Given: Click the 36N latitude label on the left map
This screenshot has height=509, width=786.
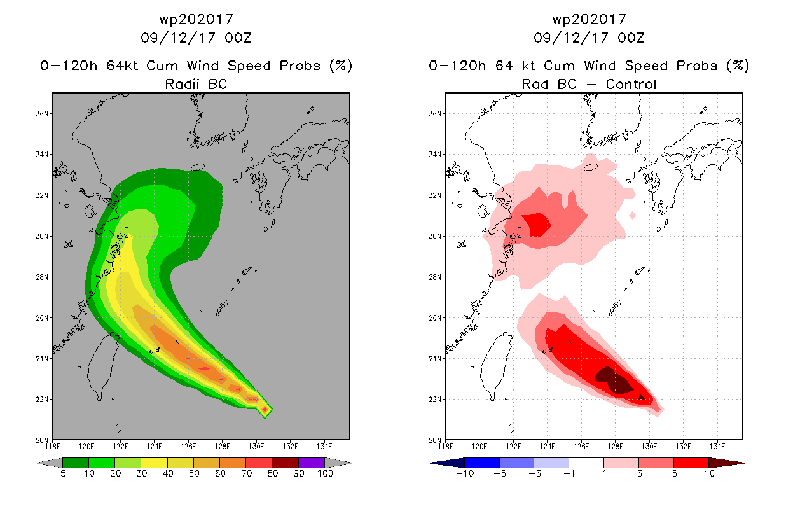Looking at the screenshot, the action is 42,114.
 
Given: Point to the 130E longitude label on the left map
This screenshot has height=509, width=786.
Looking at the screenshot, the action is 256,447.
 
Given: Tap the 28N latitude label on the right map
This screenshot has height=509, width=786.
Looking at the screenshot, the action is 435,277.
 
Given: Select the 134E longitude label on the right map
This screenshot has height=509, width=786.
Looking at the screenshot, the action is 717,447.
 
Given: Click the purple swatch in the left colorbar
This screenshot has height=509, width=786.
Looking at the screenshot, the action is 312,463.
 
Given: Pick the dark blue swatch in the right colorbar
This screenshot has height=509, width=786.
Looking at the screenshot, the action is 482,463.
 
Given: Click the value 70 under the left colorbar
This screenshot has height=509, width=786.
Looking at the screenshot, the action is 246,473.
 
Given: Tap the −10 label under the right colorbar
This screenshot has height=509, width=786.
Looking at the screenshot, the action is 465,473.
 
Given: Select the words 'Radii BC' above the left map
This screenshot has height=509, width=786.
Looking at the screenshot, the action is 196,84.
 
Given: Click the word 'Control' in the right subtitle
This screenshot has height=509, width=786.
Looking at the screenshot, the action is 631,84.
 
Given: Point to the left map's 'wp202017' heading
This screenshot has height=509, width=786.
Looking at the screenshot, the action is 196,19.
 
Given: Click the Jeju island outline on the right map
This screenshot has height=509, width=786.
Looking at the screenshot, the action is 591,167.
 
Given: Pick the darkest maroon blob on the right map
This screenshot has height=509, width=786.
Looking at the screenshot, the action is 614,380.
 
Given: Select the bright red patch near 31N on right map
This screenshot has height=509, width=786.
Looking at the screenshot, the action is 536,225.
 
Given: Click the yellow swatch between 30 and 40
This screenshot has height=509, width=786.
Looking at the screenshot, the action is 154,463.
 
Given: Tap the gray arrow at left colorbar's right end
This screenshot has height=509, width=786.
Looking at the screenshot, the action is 338,463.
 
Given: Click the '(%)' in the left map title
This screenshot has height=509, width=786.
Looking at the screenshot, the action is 341,66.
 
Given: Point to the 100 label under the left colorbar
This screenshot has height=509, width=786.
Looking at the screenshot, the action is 325,473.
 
